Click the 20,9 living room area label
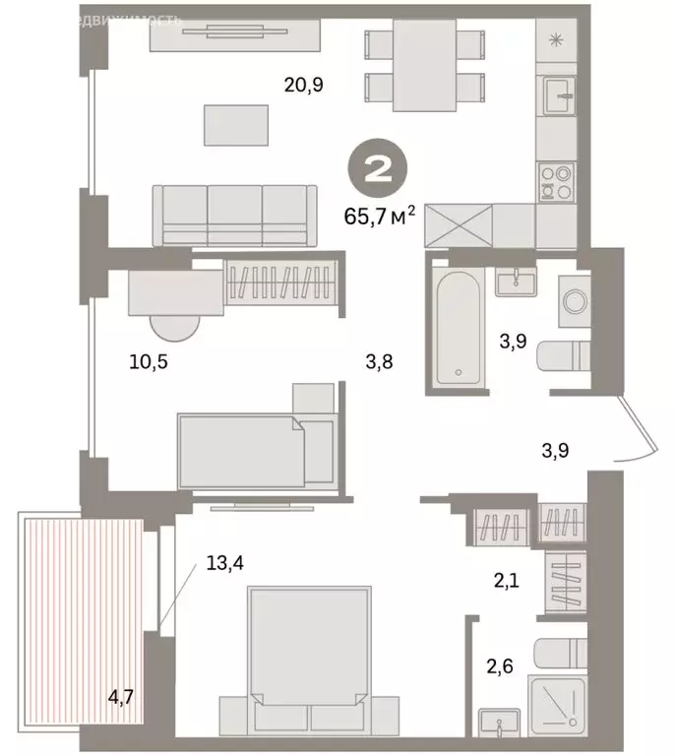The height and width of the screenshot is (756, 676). [304, 86]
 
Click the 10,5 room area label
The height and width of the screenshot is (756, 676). [149, 361]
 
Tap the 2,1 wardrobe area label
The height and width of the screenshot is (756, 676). [508, 582]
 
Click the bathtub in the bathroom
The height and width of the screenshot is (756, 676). [459, 327]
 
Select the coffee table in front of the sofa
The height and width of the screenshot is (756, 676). [235, 126]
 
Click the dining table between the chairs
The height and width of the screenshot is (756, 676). [424, 65]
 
